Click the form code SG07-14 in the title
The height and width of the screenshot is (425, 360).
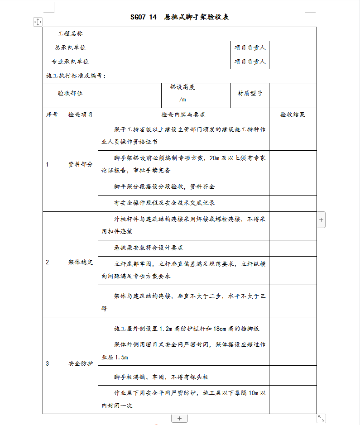click(x=143, y=17)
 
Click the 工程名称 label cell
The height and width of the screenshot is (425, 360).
click(x=70, y=34)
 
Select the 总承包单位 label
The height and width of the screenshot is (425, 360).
click(x=70, y=48)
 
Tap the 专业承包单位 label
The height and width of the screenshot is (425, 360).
click(x=70, y=62)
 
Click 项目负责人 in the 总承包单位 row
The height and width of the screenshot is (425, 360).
click(x=250, y=48)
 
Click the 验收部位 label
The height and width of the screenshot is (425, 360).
click(x=70, y=93)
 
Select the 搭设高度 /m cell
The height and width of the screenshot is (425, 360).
click(x=182, y=93)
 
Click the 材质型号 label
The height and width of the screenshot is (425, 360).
click(x=250, y=93)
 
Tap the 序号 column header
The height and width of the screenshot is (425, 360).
click(x=52, y=115)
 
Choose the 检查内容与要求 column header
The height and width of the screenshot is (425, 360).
click(x=183, y=115)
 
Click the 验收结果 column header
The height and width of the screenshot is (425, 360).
click(x=293, y=115)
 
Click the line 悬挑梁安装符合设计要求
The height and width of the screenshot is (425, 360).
click(x=149, y=248)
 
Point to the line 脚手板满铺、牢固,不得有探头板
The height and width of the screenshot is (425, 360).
click(x=161, y=377)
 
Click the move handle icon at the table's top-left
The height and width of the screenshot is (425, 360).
click(x=38, y=22)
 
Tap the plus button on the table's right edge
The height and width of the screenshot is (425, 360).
click(x=321, y=220)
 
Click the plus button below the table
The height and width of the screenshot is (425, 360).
click(x=179, y=418)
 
